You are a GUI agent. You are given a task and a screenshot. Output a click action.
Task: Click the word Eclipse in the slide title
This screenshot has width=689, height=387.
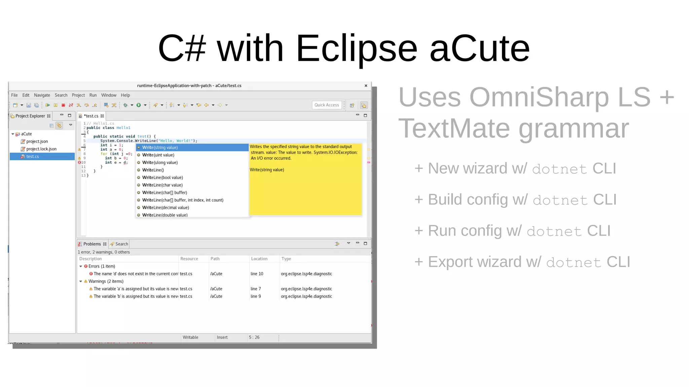click(356, 49)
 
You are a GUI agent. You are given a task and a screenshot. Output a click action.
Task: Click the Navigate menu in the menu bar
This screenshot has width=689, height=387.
click(42, 95)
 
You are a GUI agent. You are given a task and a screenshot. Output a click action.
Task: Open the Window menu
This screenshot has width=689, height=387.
click(109, 95)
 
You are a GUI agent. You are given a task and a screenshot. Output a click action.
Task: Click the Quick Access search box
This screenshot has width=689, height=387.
click(327, 105)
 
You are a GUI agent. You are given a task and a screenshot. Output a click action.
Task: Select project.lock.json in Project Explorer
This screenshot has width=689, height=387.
click(41, 149)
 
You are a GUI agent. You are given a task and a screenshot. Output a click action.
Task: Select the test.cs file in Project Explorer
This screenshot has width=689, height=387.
click(32, 156)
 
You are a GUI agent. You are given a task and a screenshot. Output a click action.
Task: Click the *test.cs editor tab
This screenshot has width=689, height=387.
click(91, 116)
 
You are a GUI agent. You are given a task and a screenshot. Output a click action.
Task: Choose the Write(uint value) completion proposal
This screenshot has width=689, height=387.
click(158, 155)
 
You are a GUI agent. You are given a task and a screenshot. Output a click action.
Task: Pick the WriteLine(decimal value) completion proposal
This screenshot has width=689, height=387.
click(166, 208)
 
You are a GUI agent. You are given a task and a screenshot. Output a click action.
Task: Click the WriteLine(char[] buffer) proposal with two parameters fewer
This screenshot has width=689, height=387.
click(165, 192)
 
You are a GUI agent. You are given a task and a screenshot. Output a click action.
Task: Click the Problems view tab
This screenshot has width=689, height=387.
click(92, 244)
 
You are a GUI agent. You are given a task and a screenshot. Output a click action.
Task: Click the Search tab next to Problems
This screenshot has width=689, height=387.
click(121, 244)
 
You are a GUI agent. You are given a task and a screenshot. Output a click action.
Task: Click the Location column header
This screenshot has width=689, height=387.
click(259, 259)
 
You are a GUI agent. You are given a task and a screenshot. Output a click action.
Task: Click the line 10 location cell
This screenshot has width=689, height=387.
click(257, 274)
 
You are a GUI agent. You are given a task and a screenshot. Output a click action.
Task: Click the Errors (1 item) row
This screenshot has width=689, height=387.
click(102, 266)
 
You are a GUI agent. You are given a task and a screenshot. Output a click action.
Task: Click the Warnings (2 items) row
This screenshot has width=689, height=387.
click(106, 281)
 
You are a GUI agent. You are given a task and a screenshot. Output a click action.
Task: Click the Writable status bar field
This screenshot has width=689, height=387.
click(190, 337)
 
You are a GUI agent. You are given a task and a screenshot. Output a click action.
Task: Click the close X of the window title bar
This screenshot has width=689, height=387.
click(366, 86)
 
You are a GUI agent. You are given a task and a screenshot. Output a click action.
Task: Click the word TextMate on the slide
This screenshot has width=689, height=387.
click(454, 129)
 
